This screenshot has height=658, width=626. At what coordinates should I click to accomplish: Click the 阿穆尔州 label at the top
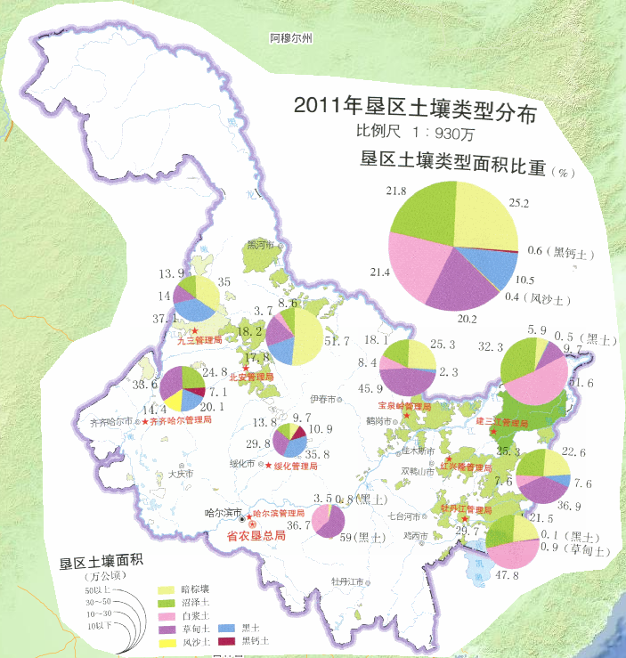[x=291, y=39]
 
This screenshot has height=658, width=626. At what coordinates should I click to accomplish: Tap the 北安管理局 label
[x=252, y=377]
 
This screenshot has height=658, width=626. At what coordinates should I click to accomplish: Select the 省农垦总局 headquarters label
[x=256, y=536]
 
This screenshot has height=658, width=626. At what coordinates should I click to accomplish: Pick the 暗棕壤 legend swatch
[x=167, y=590]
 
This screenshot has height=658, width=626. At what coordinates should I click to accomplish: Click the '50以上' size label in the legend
[x=95, y=590]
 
